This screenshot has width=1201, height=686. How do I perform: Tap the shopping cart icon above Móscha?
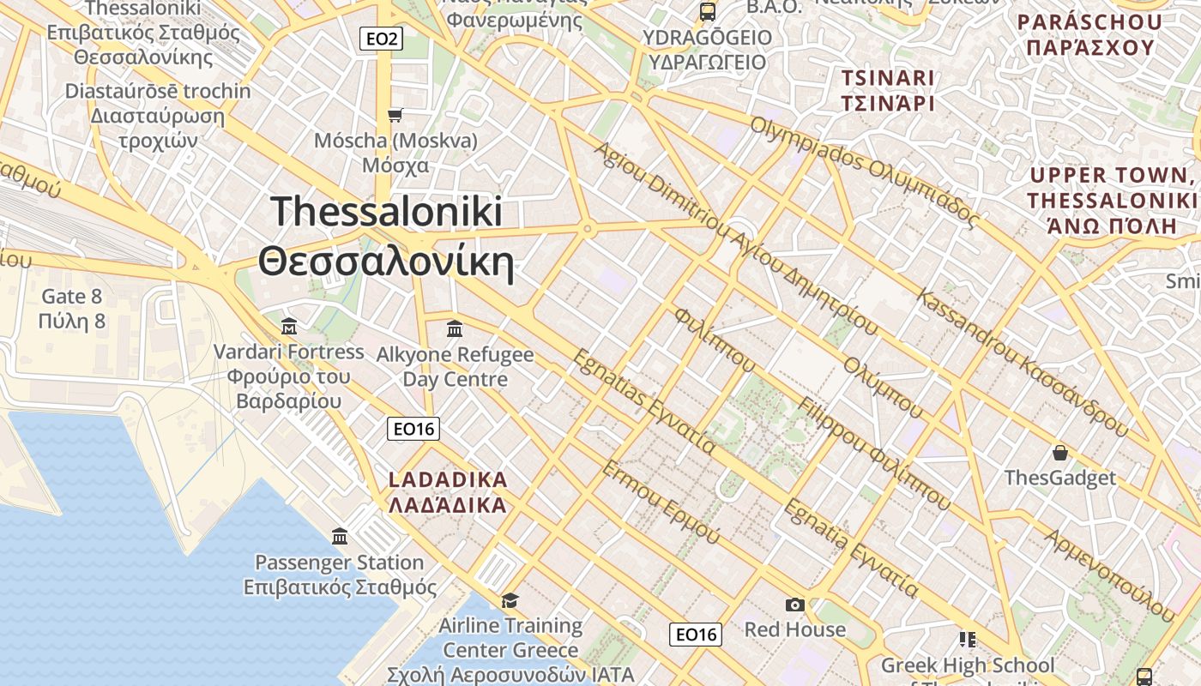[x=395, y=115]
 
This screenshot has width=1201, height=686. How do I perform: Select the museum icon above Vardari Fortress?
[x=289, y=327]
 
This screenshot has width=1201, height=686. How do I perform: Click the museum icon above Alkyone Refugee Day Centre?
[x=455, y=328]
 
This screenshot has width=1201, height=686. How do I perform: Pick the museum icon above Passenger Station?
[x=340, y=537]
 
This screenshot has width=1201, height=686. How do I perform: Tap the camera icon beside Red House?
[x=795, y=605]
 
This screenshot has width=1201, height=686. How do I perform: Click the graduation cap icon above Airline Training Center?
[x=510, y=599]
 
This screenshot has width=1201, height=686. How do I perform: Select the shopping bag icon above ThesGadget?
[x=1060, y=453]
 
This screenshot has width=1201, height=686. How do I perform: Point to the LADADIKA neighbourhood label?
[x=448, y=492]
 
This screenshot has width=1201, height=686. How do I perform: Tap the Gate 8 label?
[x=72, y=309]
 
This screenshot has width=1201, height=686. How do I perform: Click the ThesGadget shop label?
[x=1060, y=478]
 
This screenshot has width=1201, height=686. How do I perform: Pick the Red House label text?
[x=794, y=629]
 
